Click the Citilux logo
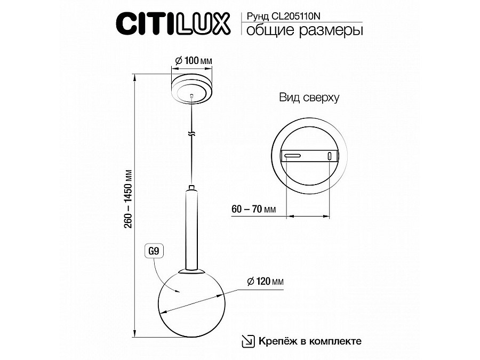(x=173, y=23)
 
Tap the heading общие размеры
(x=305, y=30)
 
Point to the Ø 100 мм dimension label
(x=194, y=60)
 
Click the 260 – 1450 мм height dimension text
(x=129, y=199)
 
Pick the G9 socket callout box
(x=154, y=251)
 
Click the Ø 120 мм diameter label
(x=265, y=281)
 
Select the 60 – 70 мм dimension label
(x=254, y=209)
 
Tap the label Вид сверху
(x=309, y=98)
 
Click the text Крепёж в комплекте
(x=310, y=341)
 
